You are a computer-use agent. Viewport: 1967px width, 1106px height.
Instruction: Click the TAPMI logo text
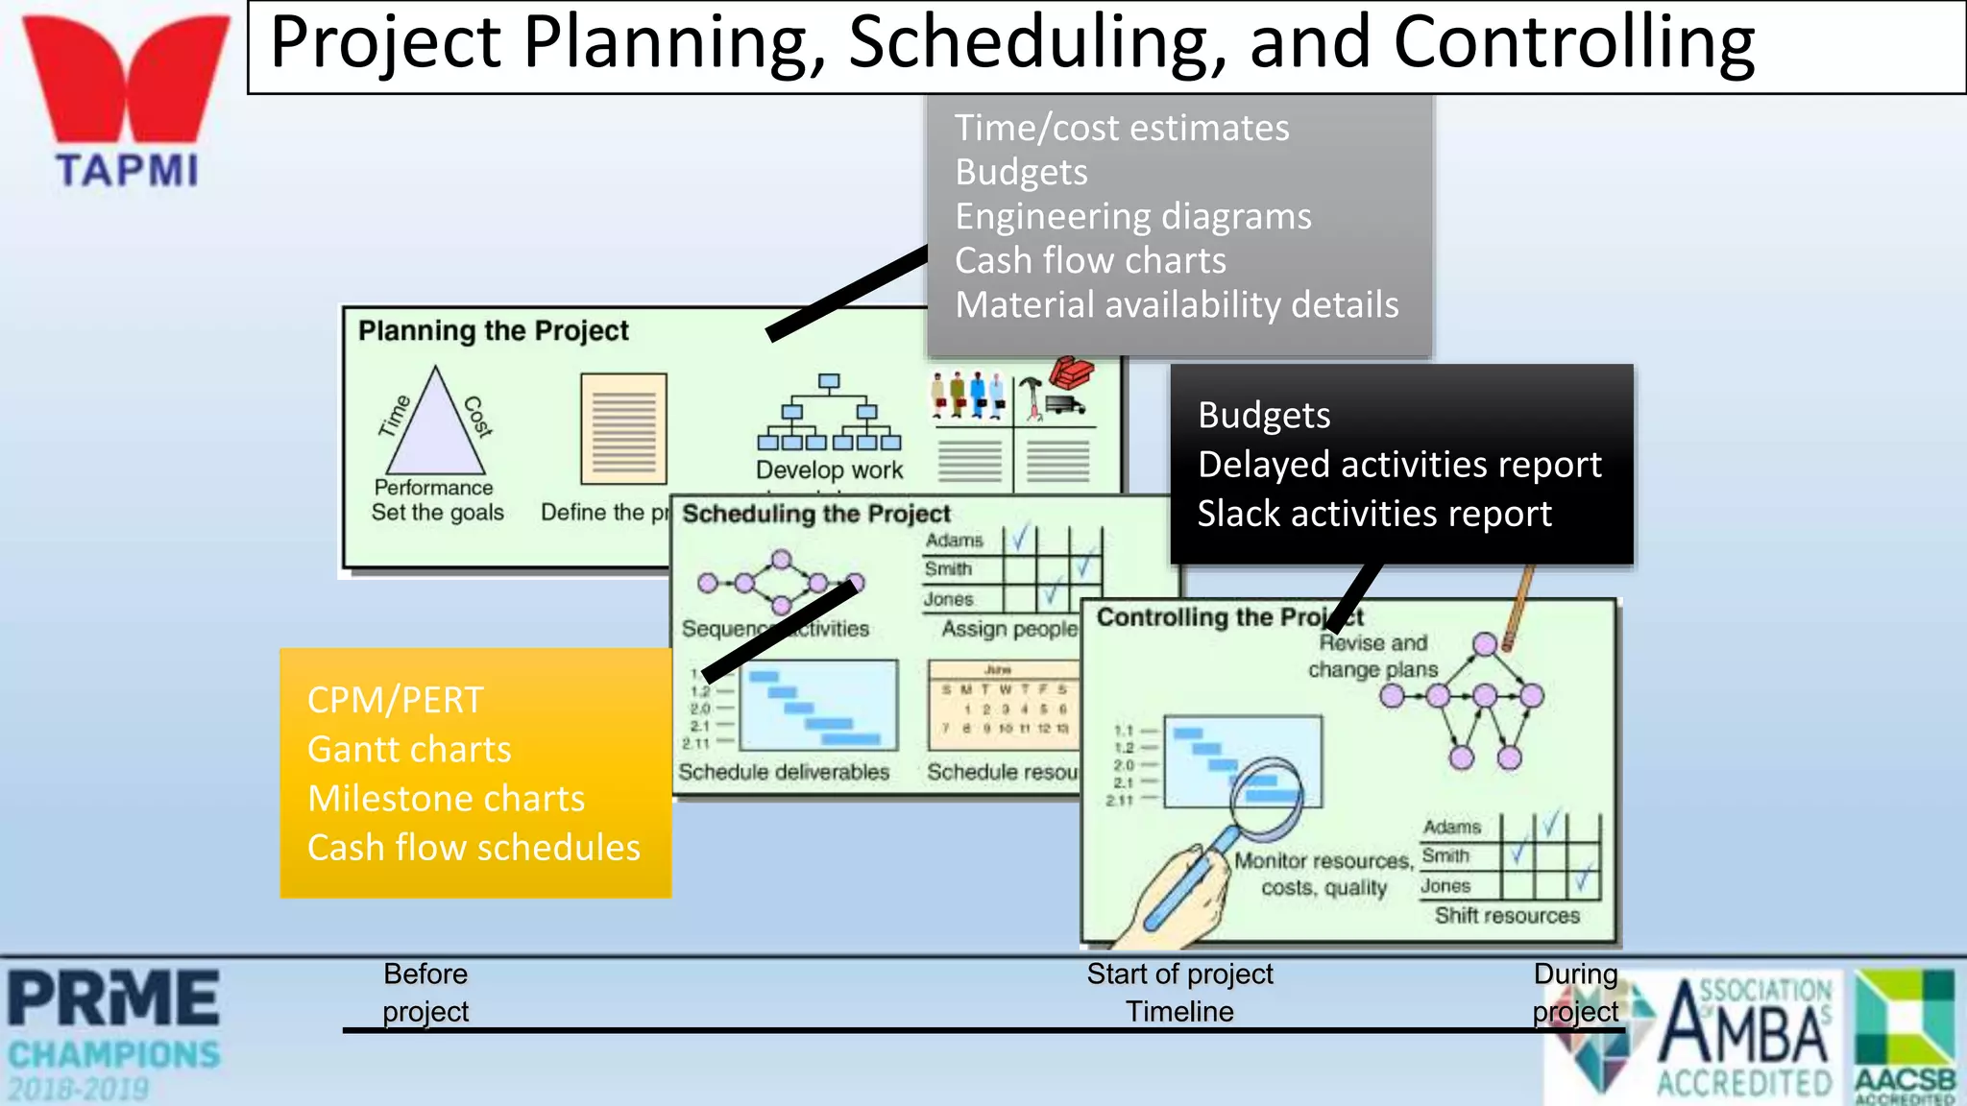pyautogui.click(x=127, y=171)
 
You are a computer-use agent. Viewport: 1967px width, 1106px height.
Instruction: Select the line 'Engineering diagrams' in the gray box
pyautogui.click(x=1132, y=217)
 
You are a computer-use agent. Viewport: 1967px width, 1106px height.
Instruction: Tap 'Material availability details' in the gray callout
pyautogui.click(x=1177, y=305)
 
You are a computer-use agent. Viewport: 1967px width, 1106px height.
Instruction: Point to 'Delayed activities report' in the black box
pyautogui.click(x=1398, y=465)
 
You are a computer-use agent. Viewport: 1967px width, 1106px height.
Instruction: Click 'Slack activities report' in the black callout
pyautogui.click(x=1373, y=514)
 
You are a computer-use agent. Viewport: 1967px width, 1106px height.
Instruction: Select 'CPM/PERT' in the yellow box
pyautogui.click(x=395, y=701)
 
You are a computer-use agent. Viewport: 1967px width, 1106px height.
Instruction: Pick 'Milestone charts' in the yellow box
pyautogui.click(x=446, y=799)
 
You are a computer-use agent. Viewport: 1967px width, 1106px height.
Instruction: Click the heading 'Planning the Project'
pyautogui.click(x=493, y=331)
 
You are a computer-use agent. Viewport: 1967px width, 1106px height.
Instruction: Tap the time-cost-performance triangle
pyautogui.click(x=435, y=427)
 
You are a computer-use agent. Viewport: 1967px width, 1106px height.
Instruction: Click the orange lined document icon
pyautogui.click(x=623, y=428)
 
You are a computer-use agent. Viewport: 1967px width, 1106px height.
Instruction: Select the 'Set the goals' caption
pyautogui.click(x=437, y=513)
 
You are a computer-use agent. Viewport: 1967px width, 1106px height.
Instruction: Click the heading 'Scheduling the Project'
pyautogui.click(x=815, y=514)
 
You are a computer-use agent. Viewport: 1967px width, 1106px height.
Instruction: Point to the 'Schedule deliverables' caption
pyautogui.click(x=784, y=772)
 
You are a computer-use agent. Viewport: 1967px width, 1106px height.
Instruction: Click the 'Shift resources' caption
pyautogui.click(x=1506, y=916)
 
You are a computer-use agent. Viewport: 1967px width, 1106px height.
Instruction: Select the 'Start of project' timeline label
pyautogui.click(x=1179, y=974)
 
